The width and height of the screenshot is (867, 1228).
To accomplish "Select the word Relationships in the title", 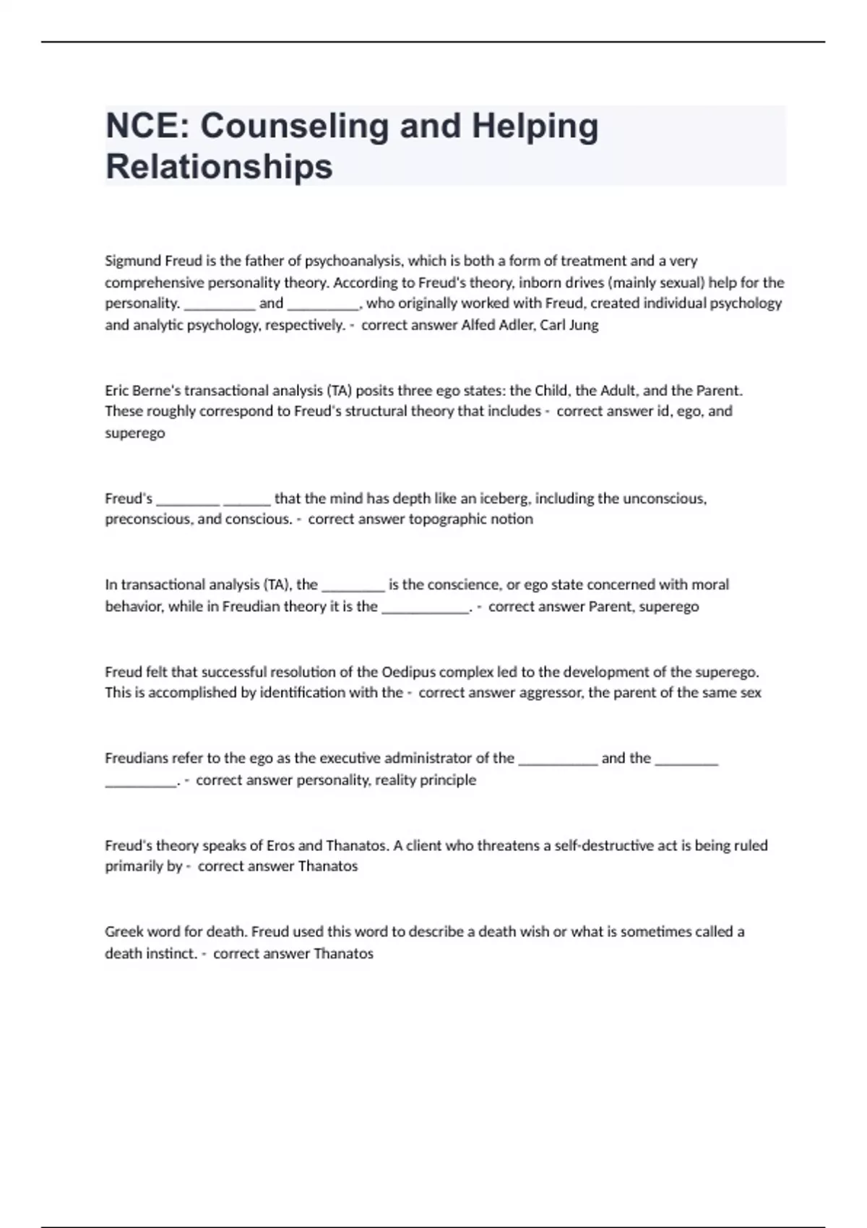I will point(219,167).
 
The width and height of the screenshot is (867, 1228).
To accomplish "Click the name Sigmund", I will point(132,261).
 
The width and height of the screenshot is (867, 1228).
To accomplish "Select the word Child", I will point(551,391).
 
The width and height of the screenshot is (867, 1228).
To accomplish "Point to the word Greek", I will point(124,932).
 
